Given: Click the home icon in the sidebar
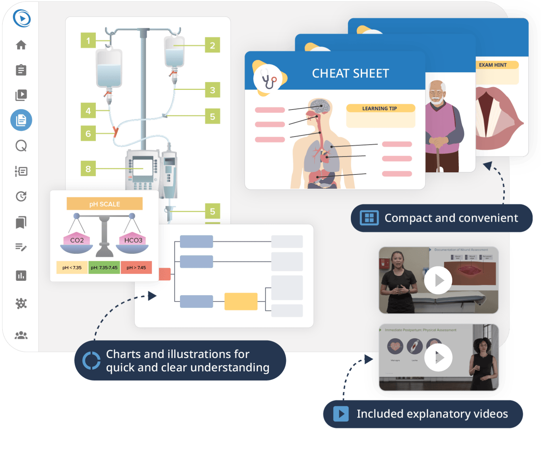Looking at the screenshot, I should click(x=21, y=45).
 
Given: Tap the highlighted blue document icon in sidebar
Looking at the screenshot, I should click(x=21, y=120).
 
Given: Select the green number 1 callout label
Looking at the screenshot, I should click(x=88, y=41).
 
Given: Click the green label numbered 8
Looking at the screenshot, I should click(x=88, y=169).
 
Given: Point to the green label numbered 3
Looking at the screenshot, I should click(x=212, y=90).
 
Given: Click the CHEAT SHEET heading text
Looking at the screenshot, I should click(x=350, y=73).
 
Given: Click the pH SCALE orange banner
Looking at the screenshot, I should click(x=105, y=204).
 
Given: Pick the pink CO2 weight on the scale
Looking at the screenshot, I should click(x=77, y=240).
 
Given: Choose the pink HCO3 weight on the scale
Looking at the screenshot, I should click(x=133, y=240).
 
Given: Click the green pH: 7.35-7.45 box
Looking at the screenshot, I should click(x=104, y=267).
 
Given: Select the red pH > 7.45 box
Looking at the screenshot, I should click(x=136, y=267).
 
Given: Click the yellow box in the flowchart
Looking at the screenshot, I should click(x=241, y=302).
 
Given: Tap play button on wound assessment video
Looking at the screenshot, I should click(x=438, y=280).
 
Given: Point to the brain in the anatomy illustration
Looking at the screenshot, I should click(x=321, y=106).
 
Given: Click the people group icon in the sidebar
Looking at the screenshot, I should click(x=21, y=335).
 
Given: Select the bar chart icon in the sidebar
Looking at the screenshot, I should click(x=21, y=276).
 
